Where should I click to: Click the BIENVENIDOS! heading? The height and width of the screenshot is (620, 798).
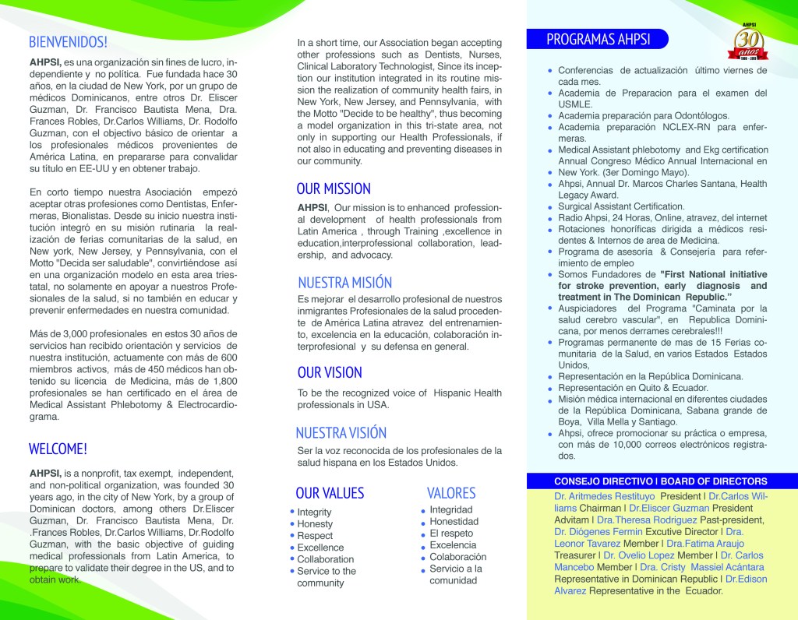68,41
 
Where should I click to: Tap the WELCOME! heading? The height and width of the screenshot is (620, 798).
58,449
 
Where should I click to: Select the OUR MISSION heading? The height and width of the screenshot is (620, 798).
334,188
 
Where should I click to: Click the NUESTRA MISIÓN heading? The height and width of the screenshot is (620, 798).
344,283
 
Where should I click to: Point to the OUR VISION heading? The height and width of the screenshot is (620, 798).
330,372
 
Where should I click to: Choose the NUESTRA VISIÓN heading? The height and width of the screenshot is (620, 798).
341,432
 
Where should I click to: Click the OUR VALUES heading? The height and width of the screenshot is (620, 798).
330,492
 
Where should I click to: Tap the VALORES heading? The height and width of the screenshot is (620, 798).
451,492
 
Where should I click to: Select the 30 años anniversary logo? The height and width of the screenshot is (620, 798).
747,44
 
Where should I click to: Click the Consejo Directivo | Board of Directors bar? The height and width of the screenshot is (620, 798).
660,481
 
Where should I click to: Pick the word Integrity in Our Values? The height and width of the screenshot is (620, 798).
314,513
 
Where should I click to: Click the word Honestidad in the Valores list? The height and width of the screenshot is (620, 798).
454,522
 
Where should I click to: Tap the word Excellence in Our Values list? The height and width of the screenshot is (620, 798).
320,548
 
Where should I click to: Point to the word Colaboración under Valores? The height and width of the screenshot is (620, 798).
458,557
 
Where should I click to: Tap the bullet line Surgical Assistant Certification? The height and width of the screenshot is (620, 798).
621,206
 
